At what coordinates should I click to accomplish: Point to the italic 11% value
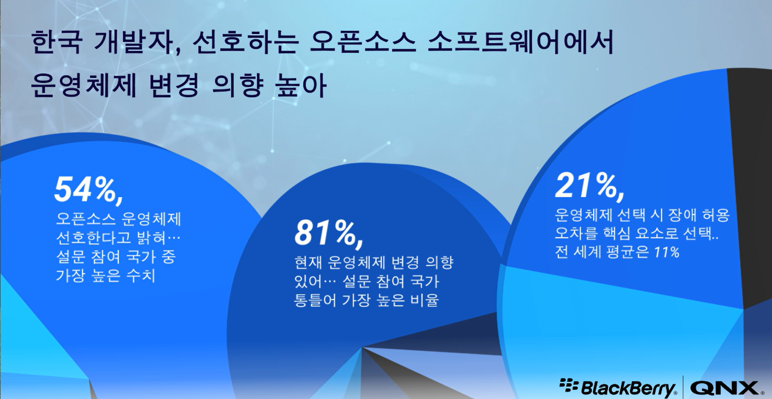[666, 253]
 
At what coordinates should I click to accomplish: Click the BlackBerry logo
[618, 387]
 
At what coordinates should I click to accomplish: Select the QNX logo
[724, 387]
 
